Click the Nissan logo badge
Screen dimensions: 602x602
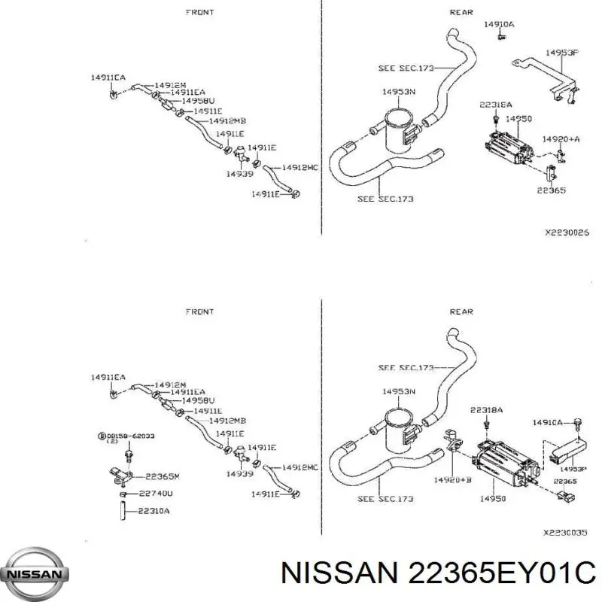[x=35, y=573]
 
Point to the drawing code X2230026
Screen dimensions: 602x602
[x=567, y=233]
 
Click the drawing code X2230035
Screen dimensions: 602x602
[x=565, y=532]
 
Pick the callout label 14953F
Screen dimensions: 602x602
[x=561, y=53]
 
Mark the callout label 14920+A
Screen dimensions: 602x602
[x=562, y=139]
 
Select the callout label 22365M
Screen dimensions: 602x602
[x=162, y=476]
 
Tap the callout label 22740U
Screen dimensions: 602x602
[x=156, y=494]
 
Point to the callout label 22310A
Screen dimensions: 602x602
[x=154, y=512]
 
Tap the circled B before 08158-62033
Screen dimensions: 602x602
[x=101, y=436]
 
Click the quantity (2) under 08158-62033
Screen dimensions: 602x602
[x=111, y=442]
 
